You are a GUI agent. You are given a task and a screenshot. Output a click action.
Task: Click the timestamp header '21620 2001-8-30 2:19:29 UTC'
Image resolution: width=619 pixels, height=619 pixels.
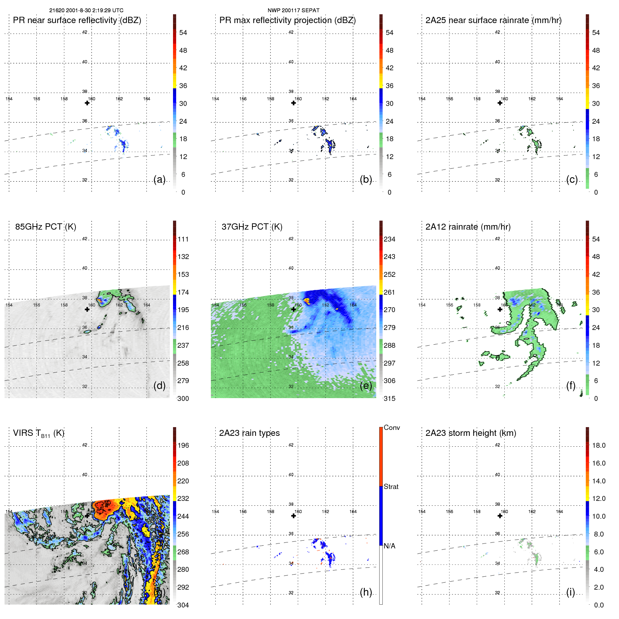86,10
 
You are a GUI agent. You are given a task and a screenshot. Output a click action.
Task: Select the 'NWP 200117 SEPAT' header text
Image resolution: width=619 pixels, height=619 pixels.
293,10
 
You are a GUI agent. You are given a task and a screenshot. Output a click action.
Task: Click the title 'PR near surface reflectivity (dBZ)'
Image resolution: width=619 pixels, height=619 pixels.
77,20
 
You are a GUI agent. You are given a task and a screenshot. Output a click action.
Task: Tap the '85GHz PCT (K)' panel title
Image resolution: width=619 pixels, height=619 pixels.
45,226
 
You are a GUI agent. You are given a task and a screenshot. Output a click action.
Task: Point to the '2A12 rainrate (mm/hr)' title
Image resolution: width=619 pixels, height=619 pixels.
468,226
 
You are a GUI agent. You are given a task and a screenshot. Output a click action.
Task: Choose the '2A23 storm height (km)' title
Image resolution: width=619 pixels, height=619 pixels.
470,433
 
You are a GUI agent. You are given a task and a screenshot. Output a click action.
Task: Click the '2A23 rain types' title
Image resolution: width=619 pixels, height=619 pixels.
249,433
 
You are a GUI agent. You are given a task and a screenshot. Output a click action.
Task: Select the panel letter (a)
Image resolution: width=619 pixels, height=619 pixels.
159,179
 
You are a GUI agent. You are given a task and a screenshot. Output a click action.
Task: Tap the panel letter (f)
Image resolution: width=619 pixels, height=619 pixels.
571,386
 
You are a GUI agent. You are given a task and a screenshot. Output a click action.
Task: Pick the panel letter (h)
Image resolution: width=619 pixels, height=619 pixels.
366,592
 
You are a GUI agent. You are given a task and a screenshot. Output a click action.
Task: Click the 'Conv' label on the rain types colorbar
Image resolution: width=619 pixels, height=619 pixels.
391,427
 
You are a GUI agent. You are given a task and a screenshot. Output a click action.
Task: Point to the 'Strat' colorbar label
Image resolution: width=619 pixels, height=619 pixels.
391,487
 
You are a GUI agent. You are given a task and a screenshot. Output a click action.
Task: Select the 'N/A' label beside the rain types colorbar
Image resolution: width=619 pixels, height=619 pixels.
389,546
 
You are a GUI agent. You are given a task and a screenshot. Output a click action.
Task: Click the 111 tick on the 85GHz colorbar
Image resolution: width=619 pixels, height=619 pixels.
183,239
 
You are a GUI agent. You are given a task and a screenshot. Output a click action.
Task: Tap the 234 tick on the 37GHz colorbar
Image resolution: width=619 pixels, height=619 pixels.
389,239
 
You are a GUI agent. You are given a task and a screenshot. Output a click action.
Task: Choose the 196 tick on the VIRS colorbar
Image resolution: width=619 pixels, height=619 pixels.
183,445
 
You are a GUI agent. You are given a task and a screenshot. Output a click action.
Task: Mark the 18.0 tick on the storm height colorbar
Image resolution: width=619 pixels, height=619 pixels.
598,445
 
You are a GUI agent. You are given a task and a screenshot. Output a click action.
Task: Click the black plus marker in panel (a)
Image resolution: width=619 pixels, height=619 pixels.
87,103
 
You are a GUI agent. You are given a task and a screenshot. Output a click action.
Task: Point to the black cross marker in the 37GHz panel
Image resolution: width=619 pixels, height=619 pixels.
294,309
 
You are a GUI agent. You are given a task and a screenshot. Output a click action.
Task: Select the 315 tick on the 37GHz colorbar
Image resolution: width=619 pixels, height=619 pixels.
389,398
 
